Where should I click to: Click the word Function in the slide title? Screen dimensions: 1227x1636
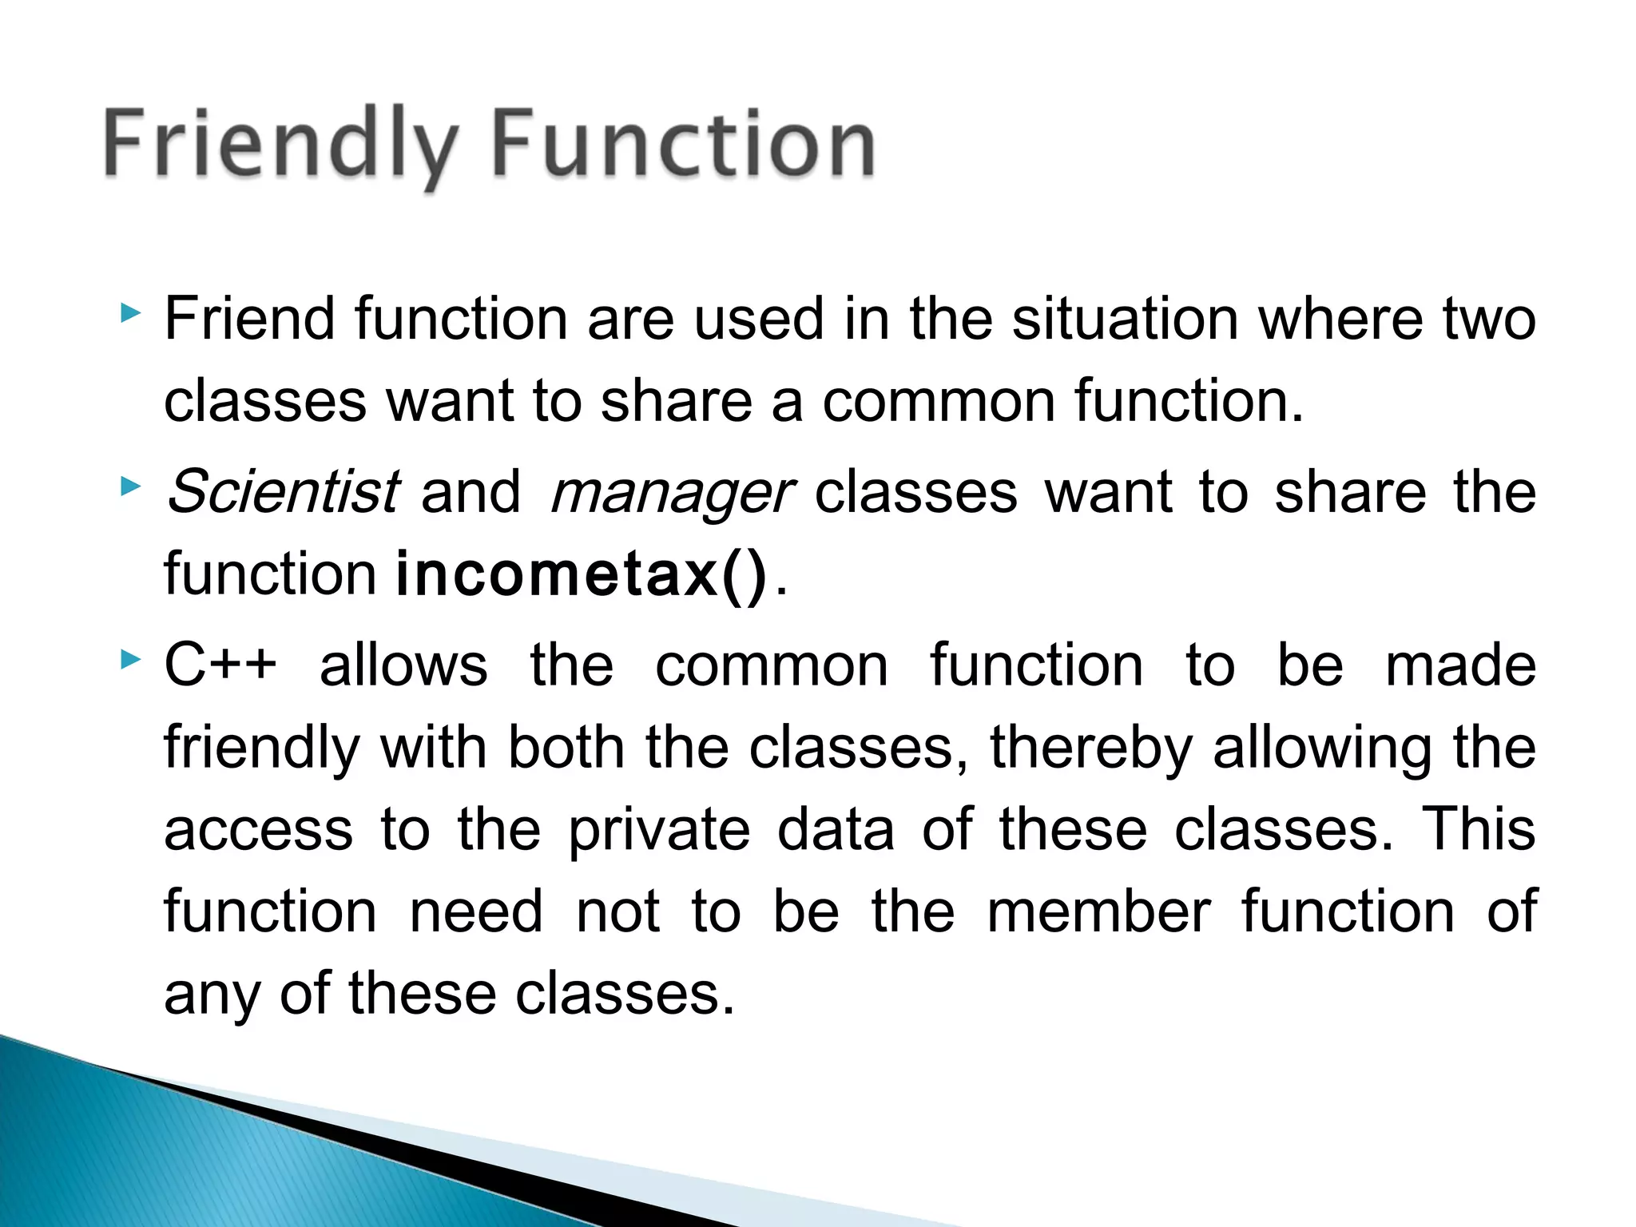684,144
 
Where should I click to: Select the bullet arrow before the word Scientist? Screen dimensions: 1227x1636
130,486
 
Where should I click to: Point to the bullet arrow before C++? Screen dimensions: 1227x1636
130,660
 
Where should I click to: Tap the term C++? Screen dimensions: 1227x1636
220,665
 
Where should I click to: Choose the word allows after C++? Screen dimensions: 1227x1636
403,665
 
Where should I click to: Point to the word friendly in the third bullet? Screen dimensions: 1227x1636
262,749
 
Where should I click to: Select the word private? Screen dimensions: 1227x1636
659,831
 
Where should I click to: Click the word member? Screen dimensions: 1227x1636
1098,911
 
